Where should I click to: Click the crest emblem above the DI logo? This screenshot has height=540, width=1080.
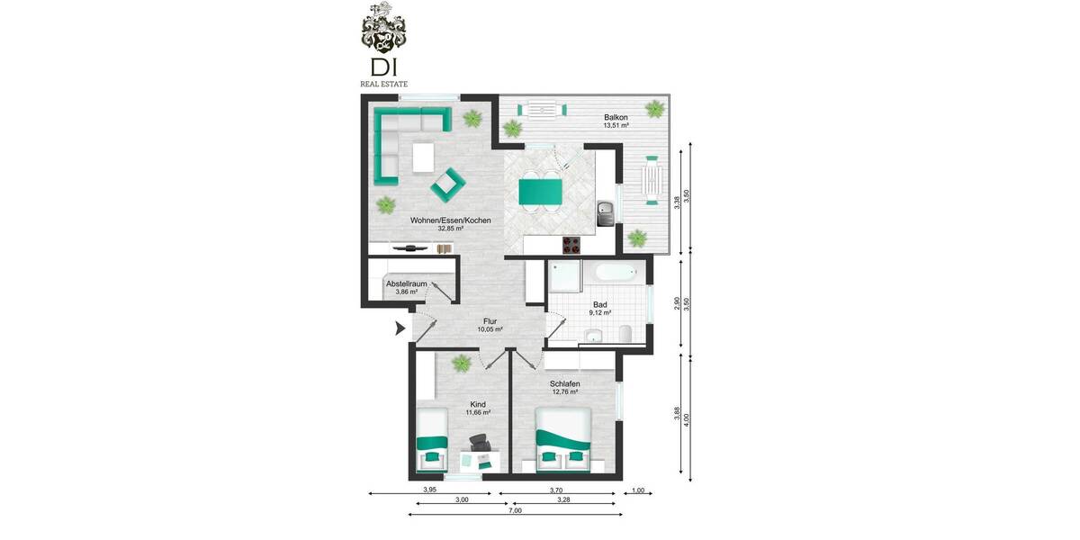[383, 29]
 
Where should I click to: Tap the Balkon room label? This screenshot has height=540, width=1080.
[616, 118]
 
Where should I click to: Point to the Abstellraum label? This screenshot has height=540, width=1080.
[406, 283]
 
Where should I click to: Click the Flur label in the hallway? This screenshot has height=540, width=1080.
[490, 321]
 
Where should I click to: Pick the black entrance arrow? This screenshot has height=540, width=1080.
[400, 330]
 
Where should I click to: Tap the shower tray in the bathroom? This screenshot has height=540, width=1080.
[564, 279]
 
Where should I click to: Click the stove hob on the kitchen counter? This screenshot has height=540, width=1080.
[571, 244]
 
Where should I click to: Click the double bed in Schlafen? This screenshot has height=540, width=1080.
[563, 439]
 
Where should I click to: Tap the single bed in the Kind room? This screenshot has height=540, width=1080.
[433, 439]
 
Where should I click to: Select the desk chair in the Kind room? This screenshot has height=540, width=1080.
[478, 442]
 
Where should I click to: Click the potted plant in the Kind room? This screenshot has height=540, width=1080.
[461, 364]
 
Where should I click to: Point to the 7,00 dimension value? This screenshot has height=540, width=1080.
[515, 510]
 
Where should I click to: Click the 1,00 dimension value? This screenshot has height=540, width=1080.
[638, 490]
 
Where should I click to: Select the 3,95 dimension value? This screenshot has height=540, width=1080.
[430, 490]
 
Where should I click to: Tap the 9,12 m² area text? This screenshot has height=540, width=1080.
[600, 312]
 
